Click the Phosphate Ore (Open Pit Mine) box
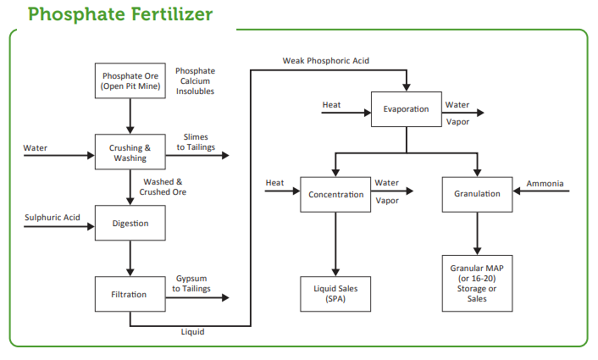[x=130, y=80]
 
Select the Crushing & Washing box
[x=130, y=152]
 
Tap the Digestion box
[x=130, y=223]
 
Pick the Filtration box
[x=130, y=294]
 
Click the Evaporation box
[x=407, y=109]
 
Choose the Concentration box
[x=335, y=195]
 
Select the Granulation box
[x=477, y=195]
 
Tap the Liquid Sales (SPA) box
[x=335, y=294]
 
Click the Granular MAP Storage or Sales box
[x=477, y=284]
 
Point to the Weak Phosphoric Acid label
[x=326, y=61]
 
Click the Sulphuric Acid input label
[x=53, y=218]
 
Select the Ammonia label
[x=545, y=184]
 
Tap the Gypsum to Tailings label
[x=191, y=284]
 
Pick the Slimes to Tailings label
[x=196, y=141]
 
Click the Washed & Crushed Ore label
[x=163, y=187]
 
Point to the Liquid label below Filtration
[x=192, y=332]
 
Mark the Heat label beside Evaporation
[x=331, y=105]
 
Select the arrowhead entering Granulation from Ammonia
[x=517, y=191]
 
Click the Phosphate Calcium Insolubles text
[x=196, y=80]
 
